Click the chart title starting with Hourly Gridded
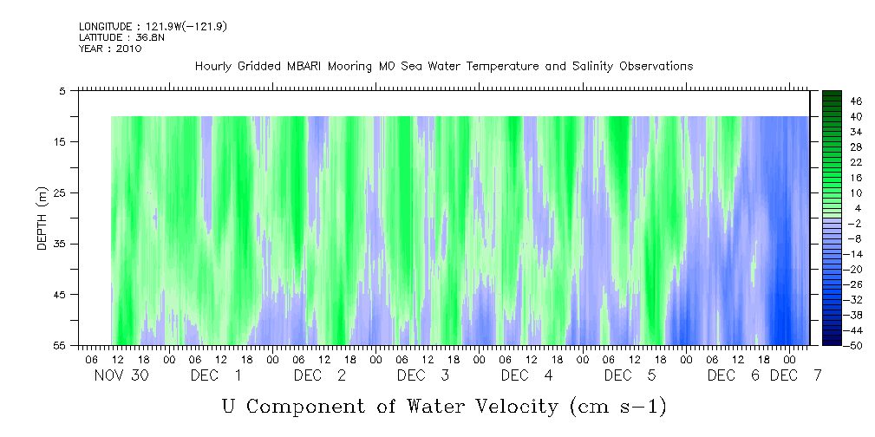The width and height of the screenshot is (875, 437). pyautogui.click(x=444, y=66)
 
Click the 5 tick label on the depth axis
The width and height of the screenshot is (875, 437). pyautogui.click(x=62, y=90)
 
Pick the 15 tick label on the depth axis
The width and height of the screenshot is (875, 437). pyautogui.click(x=61, y=141)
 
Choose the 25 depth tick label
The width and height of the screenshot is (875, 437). pyautogui.click(x=61, y=192)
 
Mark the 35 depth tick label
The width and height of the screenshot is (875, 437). pyautogui.click(x=61, y=244)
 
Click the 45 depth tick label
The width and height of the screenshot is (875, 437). pyautogui.click(x=61, y=295)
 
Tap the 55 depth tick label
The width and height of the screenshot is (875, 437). pyautogui.click(x=61, y=346)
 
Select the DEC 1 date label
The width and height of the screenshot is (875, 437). pyautogui.click(x=216, y=375)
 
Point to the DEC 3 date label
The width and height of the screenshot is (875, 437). pyautogui.click(x=423, y=375)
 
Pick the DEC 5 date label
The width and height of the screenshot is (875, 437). pyautogui.click(x=630, y=375)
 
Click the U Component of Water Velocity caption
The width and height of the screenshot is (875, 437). pyautogui.click(x=444, y=406)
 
